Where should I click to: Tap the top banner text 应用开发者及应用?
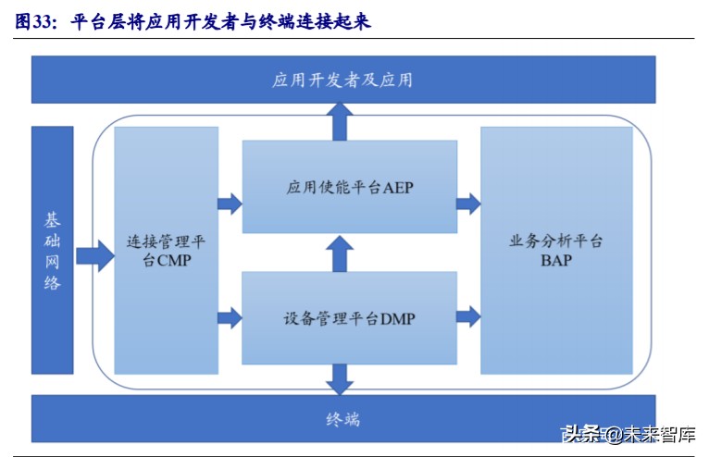(x=342, y=80)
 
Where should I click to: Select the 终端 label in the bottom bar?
(x=342, y=419)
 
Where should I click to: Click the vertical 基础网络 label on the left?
(x=52, y=251)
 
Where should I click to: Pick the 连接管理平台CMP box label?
(x=166, y=251)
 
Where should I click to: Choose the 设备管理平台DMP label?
(x=349, y=319)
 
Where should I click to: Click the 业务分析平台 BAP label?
(x=556, y=251)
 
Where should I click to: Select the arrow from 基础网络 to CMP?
(x=93, y=253)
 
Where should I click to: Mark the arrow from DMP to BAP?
(x=468, y=316)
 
